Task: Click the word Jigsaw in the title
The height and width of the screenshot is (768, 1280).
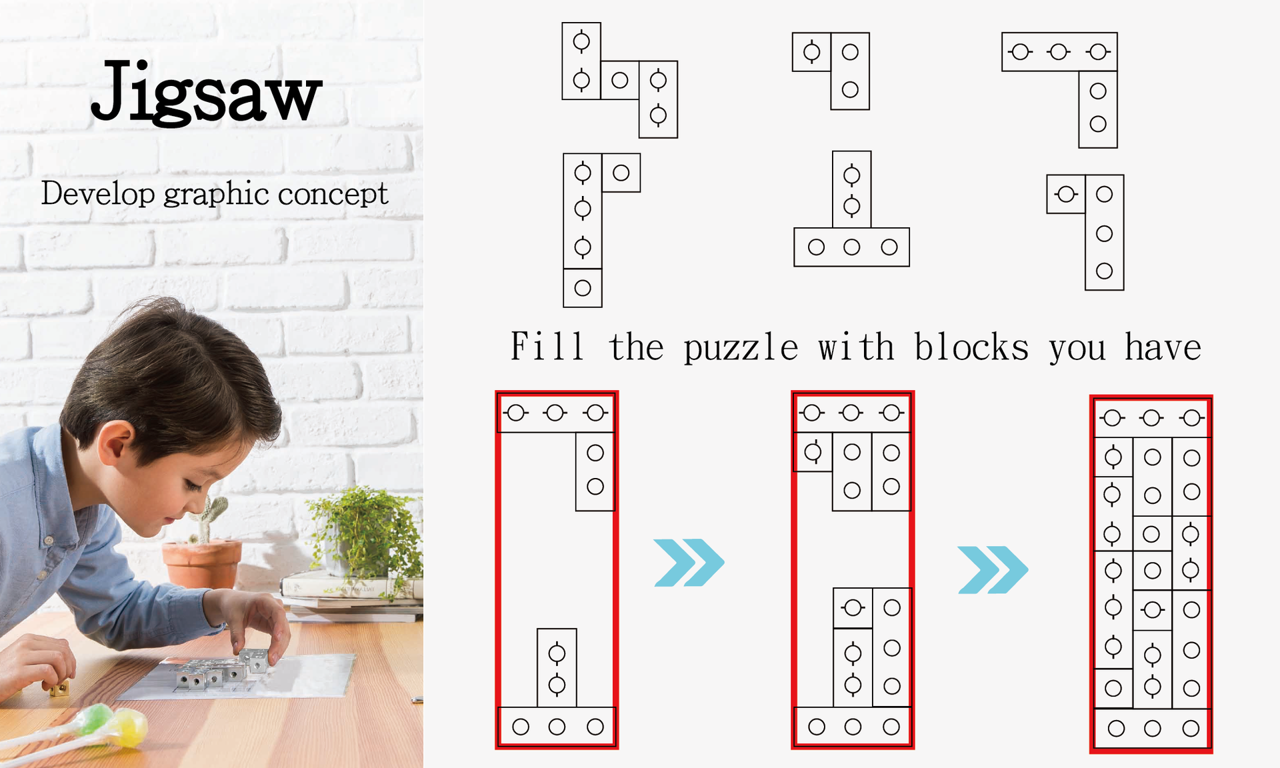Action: (206, 91)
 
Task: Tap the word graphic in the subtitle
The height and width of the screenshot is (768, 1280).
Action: (218, 195)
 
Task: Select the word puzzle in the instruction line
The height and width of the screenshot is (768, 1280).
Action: (741, 347)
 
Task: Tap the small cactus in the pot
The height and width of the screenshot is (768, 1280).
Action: (209, 517)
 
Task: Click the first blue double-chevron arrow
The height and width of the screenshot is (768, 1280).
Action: (689, 563)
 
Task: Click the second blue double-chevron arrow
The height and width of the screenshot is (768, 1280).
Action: (993, 569)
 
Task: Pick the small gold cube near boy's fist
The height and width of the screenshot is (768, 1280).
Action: (60, 687)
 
